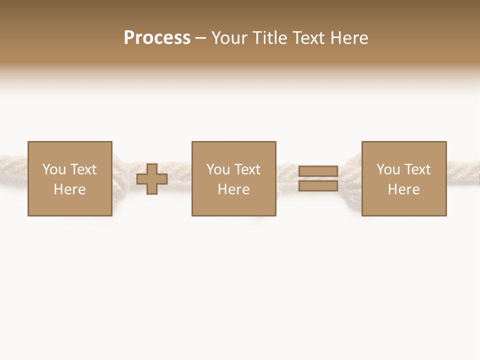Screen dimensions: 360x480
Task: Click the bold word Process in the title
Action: coord(157,38)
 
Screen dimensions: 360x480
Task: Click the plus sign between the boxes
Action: coord(152,179)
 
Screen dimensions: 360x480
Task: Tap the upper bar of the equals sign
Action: coord(318,171)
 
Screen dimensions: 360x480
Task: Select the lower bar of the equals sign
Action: coord(318,186)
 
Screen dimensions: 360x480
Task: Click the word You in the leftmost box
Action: coord(54,169)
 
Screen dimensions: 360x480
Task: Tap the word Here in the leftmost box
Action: coord(69,189)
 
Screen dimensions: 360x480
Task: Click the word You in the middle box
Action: coord(218,169)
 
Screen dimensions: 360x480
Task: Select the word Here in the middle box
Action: coord(233,189)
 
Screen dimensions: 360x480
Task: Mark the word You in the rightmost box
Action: coord(388,169)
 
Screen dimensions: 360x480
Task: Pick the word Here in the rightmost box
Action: coord(403,189)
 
